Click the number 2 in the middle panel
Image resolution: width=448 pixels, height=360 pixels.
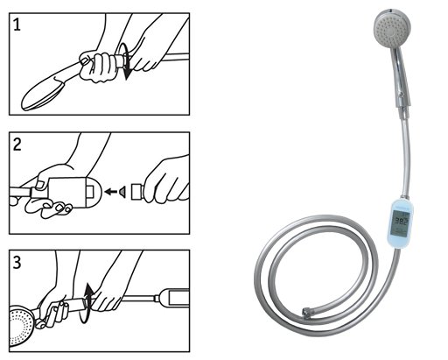18,145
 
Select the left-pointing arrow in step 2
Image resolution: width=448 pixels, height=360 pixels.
111,190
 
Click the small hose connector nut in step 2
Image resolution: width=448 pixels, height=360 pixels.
135,190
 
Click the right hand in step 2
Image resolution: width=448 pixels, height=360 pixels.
166,180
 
